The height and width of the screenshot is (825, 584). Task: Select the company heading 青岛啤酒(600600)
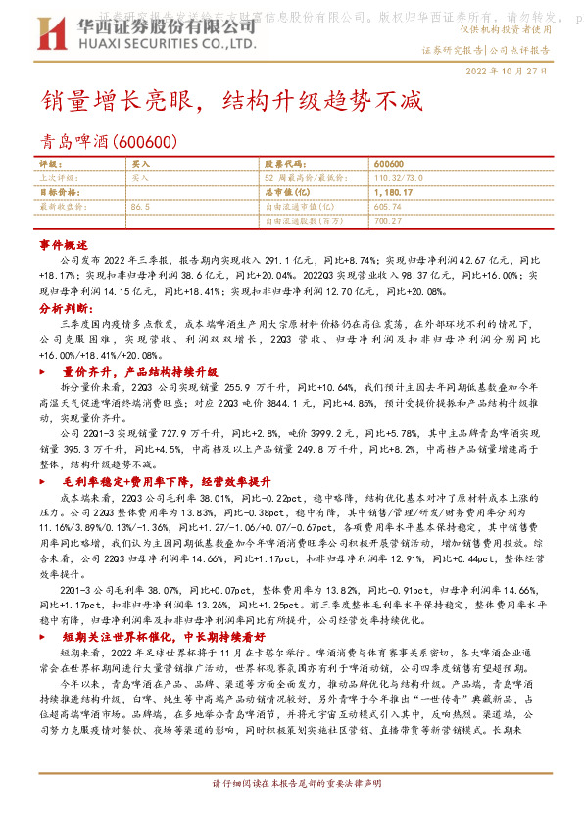click(x=109, y=143)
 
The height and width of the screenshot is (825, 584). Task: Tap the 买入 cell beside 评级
click(x=140, y=165)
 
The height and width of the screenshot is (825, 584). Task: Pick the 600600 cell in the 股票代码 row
click(x=389, y=165)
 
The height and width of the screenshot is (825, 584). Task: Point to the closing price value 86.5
click(x=140, y=207)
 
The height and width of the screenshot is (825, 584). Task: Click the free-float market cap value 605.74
click(x=388, y=207)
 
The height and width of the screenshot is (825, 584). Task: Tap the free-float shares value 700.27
click(x=388, y=221)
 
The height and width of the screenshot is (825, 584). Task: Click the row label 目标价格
click(x=59, y=193)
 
